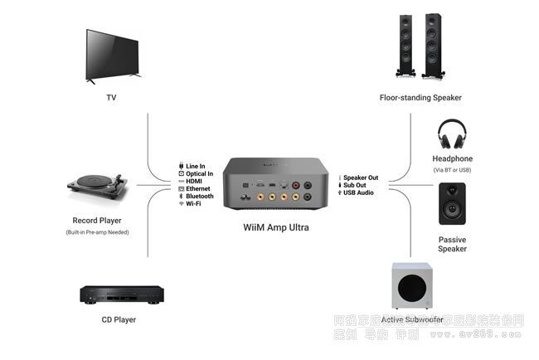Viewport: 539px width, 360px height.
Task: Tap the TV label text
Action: [x=111, y=98]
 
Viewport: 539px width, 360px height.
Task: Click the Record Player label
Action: [x=98, y=221]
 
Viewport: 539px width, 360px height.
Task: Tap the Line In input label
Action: [x=195, y=166]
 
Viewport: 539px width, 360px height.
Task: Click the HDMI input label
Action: [x=194, y=181]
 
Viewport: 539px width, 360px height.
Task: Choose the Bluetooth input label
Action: [x=198, y=196]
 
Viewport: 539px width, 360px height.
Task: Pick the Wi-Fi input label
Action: [x=192, y=203]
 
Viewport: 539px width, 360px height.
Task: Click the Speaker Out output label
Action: [x=361, y=178]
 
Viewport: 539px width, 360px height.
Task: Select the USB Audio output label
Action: [x=358, y=192]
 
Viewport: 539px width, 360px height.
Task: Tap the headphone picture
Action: [x=452, y=134]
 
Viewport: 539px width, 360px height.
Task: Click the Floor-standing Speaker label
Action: [x=420, y=98]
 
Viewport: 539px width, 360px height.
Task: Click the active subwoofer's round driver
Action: [x=415, y=289]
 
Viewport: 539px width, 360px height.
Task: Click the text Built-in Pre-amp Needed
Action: [x=98, y=232]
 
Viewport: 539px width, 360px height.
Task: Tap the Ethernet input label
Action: [x=197, y=188]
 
